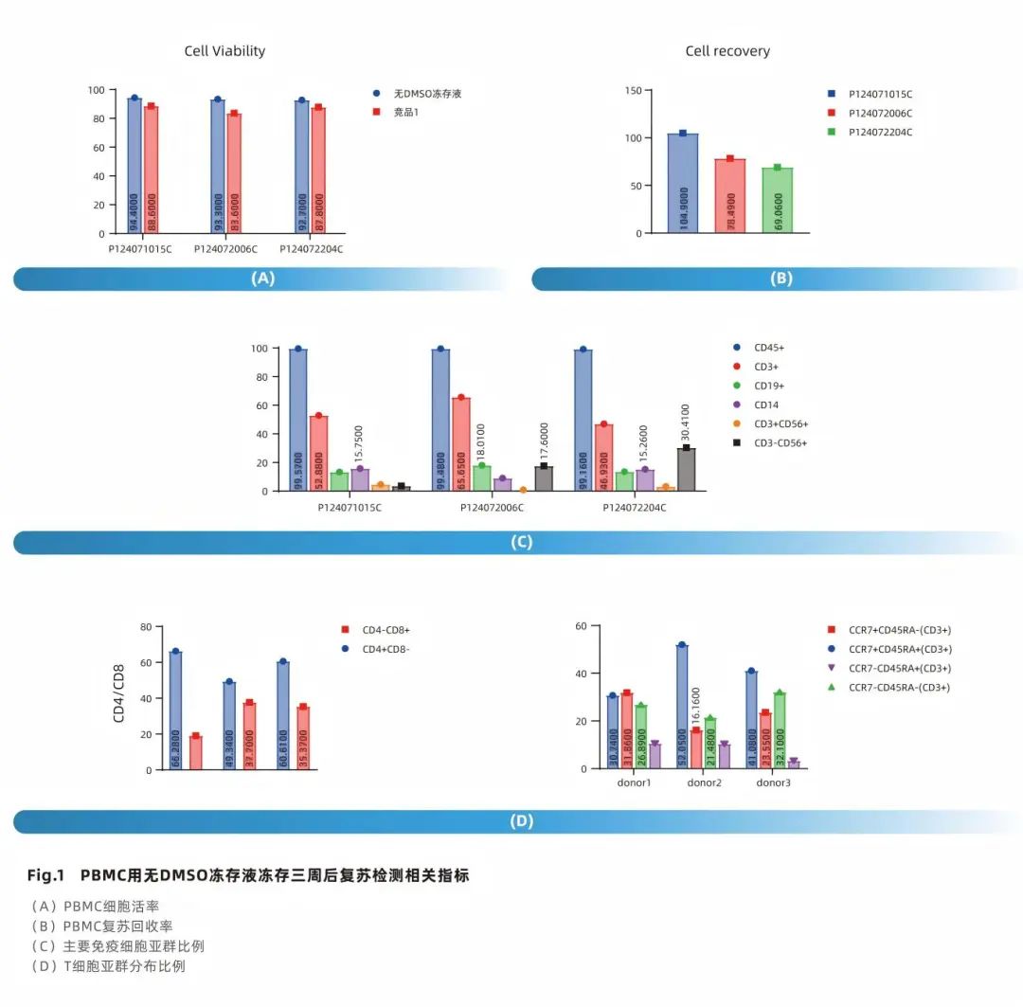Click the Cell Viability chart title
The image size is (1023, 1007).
click(x=224, y=51)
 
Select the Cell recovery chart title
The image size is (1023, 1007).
click(x=727, y=51)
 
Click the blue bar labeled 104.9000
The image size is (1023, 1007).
click(x=682, y=185)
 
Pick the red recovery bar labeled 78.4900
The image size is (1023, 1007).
click(x=729, y=196)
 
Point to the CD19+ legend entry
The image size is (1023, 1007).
click(x=768, y=386)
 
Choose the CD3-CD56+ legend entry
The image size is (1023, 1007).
click(x=781, y=442)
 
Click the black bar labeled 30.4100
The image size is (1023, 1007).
click(x=686, y=470)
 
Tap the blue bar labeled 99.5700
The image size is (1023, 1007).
click(x=297, y=421)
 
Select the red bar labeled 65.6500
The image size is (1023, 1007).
click(x=460, y=444)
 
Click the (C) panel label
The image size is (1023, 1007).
click(x=521, y=543)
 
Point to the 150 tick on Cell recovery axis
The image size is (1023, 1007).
click(x=633, y=91)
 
